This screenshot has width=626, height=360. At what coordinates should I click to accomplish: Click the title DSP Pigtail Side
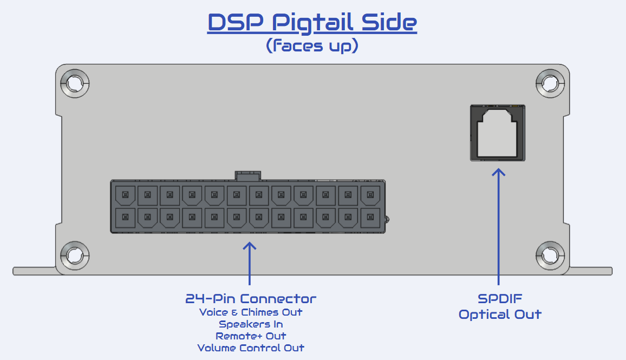[x=312, y=22]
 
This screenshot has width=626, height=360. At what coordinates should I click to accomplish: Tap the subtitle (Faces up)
[x=312, y=45]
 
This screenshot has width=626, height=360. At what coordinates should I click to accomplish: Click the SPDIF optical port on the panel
[x=498, y=133]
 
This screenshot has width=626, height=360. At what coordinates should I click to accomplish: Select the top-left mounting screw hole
[x=75, y=83]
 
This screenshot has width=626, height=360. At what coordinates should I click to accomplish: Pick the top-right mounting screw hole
[x=550, y=83]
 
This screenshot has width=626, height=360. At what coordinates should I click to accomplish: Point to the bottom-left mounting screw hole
[x=75, y=256]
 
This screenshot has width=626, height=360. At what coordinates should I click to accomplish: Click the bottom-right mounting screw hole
[x=550, y=256]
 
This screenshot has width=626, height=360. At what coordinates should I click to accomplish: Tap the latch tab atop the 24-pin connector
[x=248, y=175]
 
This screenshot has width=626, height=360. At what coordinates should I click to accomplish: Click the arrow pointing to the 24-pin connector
[x=250, y=264]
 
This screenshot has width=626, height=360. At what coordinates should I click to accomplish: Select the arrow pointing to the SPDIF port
[x=498, y=227]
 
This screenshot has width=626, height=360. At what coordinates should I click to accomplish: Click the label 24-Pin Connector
[x=251, y=298]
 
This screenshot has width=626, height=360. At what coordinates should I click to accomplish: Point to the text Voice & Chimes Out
[x=251, y=312]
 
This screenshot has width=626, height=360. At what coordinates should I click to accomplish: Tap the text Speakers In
[x=251, y=324]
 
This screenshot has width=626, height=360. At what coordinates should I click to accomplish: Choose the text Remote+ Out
[x=251, y=336]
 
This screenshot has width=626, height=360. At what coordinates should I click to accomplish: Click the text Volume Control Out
[x=251, y=348]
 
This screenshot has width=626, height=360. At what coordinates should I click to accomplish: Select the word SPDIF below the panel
[x=500, y=298]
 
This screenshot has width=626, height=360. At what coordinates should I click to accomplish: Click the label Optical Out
[x=500, y=315]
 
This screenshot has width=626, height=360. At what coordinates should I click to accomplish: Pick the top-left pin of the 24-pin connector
[x=125, y=195]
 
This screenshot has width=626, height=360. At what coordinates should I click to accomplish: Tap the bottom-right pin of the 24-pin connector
[x=370, y=218]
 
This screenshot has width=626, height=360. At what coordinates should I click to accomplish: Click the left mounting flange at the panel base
[x=34, y=271]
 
